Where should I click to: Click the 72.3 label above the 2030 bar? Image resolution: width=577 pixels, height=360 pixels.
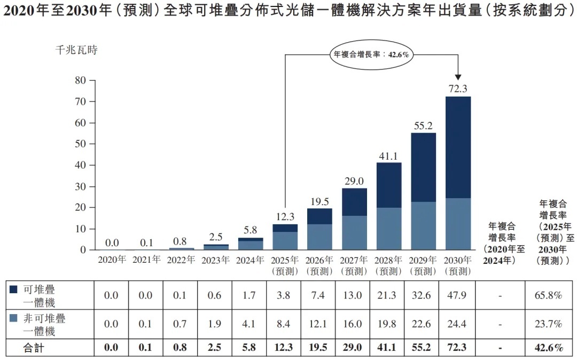pos(458,89)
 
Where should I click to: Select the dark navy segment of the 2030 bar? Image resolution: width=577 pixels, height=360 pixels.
pos(458,147)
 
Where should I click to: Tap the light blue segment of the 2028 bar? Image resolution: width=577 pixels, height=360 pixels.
pos(389,229)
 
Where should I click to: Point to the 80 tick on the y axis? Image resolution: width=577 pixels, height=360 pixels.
pos(80,81)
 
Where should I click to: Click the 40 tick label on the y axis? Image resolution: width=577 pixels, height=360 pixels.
pos(80,165)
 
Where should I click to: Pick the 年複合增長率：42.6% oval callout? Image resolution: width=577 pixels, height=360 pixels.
pos(371,54)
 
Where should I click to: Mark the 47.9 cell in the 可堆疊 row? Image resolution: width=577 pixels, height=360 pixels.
pos(457,295)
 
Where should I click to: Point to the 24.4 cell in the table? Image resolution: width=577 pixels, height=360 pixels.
pos(457,324)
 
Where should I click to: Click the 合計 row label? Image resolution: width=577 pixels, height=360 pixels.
pos(34,348)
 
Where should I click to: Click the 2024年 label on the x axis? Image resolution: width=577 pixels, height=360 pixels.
pos(251,260)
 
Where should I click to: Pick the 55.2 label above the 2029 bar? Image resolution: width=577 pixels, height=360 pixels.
pos(423,126)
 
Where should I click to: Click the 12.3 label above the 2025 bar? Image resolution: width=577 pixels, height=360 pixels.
pos(285,217)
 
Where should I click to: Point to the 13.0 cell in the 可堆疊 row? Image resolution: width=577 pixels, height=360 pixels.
pos(354,295)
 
